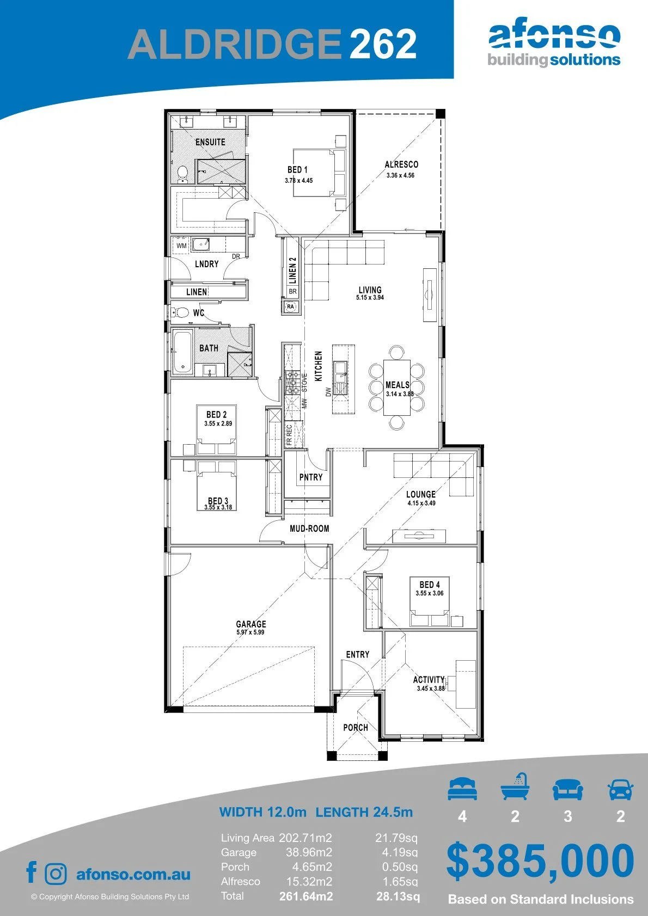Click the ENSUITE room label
pyautogui.click(x=210, y=142)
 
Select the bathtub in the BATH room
pyautogui.click(x=182, y=353)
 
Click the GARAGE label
pyautogui.click(x=251, y=624)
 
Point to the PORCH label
pyautogui.click(x=356, y=728)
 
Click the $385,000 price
pyautogui.click(x=540, y=861)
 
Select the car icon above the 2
pyautogui.click(x=621, y=789)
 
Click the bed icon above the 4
pyautogui.click(x=462, y=789)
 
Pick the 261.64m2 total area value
pyautogui.click(x=306, y=896)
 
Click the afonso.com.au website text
pyautogui.click(x=133, y=874)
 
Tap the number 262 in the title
pyautogui.click(x=383, y=44)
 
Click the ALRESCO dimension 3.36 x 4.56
pyautogui.click(x=400, y=175)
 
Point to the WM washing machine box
pyautogui.click(x=181, y=246)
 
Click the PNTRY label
pyautogui.click(x=311, y=477)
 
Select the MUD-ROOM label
pyautogui.click(x=309, y=528)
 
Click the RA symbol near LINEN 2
pyautogui.click(x=290, y=306)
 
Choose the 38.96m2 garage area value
pyautogui.click(x=309, y=852)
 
